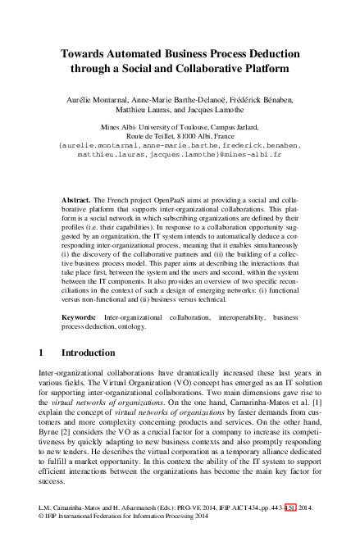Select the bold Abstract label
78,200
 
